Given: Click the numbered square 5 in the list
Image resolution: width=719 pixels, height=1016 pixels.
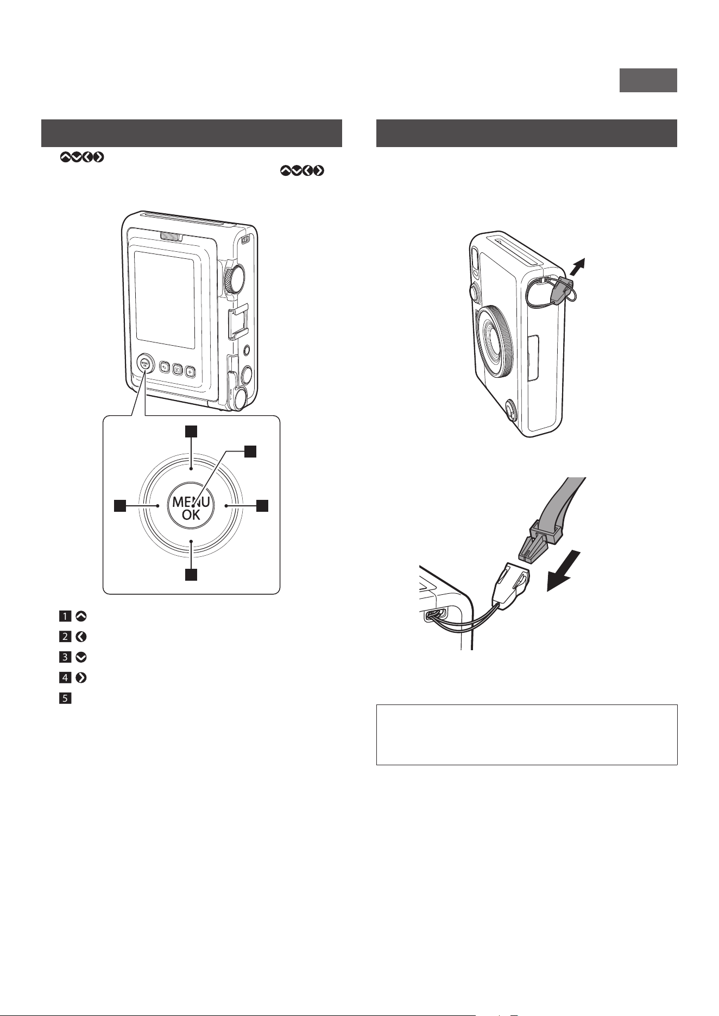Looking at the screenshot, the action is pos(65,698).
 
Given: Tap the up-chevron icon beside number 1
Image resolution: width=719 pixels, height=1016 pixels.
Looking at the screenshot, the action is pos(81,616).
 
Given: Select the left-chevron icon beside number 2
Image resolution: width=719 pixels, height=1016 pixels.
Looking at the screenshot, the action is pos(81,636).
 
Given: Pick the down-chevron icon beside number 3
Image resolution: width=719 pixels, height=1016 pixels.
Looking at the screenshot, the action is pos(81,657).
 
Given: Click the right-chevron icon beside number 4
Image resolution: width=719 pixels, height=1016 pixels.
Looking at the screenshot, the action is pos(81,677).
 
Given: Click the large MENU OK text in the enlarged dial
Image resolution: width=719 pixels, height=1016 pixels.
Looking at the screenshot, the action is pos(191,508).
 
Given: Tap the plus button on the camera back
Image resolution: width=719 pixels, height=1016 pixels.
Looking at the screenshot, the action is pos(190,371).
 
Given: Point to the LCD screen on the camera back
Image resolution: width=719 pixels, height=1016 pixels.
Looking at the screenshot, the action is pos(165,300).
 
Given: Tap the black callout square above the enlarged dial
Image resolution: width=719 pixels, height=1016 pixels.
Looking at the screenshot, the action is pos(191,431).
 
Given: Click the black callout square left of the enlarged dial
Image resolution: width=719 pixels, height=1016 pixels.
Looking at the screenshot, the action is pos(120,506).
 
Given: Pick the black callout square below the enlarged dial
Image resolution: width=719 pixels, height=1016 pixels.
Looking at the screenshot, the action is pos(191,575).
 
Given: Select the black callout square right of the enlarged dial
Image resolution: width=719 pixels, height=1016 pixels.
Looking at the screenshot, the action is pos(262,506).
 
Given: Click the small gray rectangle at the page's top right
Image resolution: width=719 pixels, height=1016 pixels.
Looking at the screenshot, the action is pos(648,80).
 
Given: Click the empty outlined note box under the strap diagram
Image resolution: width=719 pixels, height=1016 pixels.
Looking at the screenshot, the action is pos(527,735).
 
